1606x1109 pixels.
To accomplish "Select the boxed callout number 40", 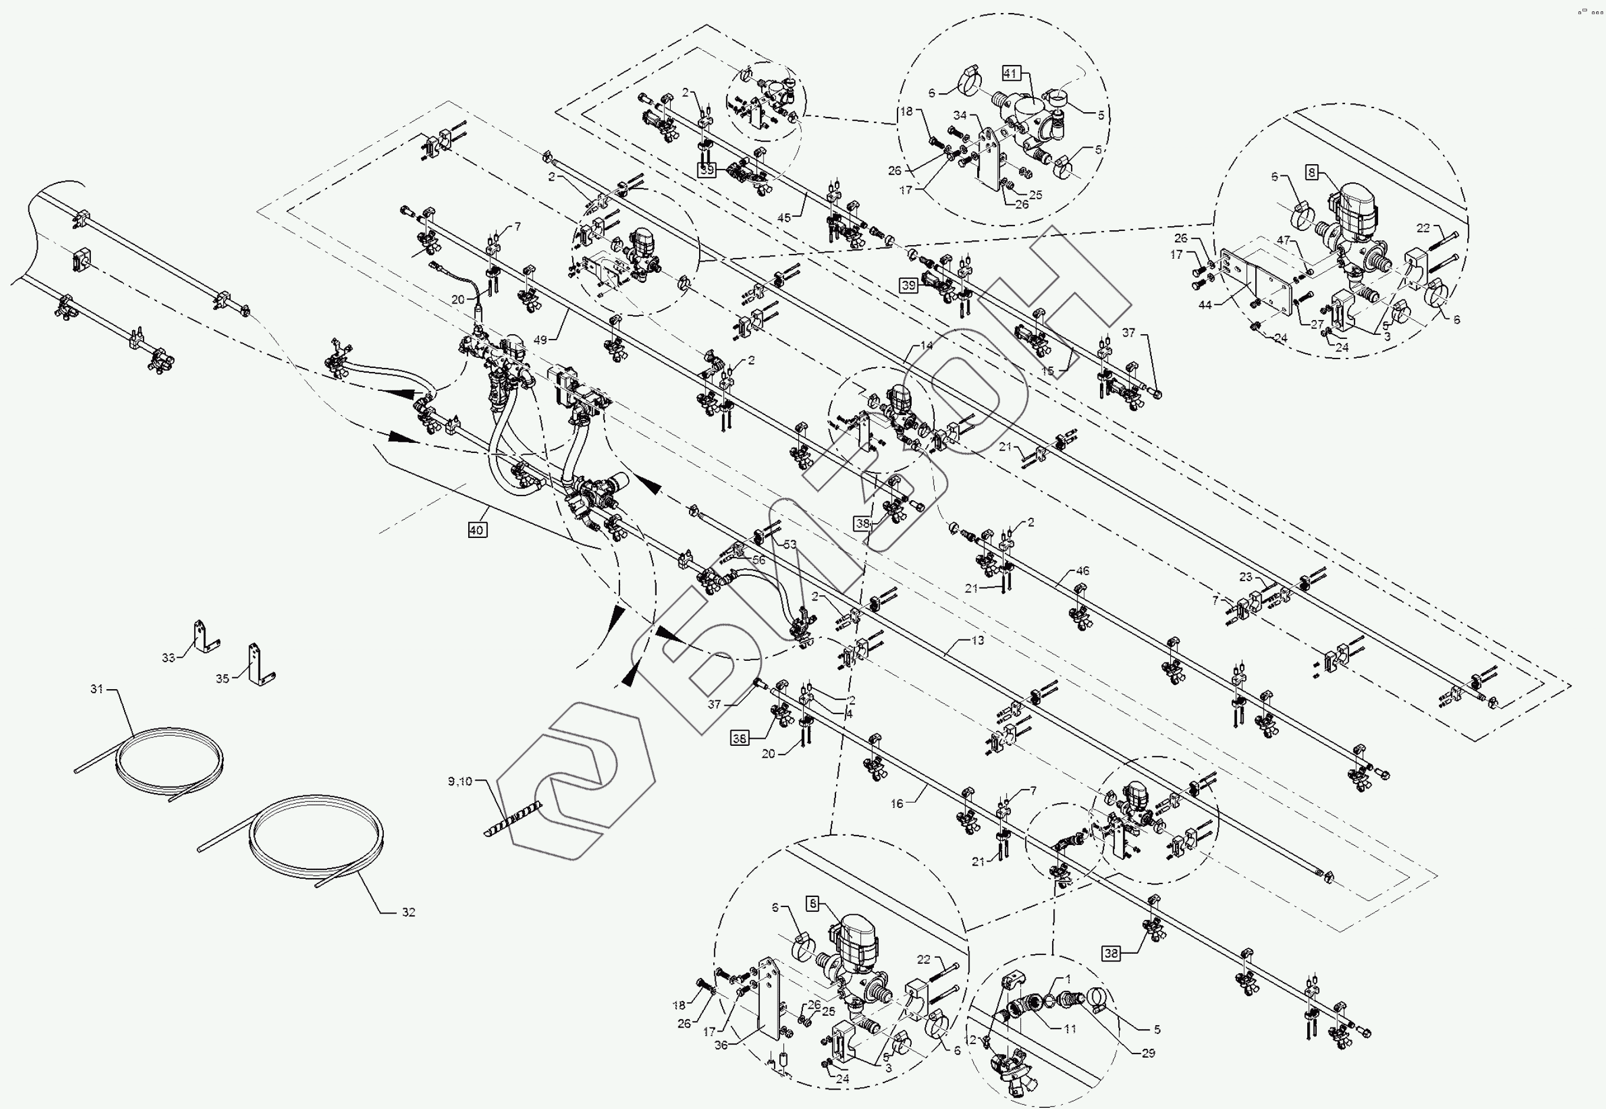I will click(x=476, y=530).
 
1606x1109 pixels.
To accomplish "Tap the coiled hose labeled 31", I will click(x=170, y=763).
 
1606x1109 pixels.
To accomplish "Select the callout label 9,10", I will click(x=460, y=781).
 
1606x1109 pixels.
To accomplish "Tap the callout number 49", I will click(x=540, y=340).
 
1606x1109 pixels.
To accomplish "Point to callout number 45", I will click(x=784, y=217).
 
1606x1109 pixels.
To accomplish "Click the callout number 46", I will click(x=1082, y=570).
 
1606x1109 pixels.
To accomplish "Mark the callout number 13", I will click(x=977, y=640).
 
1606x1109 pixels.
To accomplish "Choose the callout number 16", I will click(x=897, y=803).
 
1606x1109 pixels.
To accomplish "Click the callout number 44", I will click(x=1204, y=304).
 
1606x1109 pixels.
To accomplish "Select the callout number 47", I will click(x=1283, y=240).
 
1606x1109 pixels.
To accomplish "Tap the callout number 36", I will click(x=721, y=1045).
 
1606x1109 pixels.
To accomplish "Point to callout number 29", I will click(x=1148, y=1053).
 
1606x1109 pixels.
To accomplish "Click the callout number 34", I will click(x=960, y=115).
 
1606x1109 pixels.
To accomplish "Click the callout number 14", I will click(x=926, y=345).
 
